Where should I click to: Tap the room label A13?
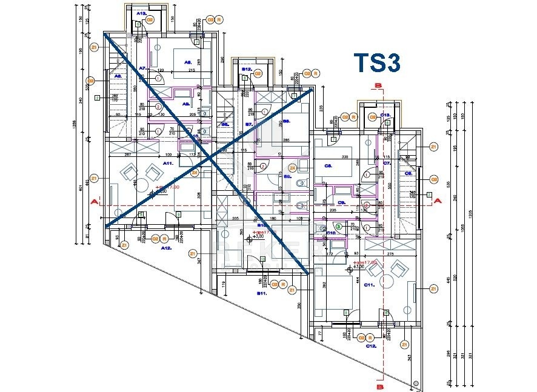point(141,13)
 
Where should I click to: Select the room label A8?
point(188,62)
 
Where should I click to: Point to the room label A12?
point(165,248)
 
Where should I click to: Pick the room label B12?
point(247,69)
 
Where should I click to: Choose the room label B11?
point(261,293)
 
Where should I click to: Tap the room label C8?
point(329,165)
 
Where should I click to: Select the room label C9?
point(341,202)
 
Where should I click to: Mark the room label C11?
point(369,284)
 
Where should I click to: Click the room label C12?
point(372,345)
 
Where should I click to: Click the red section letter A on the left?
point(94,201)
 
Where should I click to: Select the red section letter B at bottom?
point(379,385)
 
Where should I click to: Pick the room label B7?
point(248,124)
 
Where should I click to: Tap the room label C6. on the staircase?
point(409,174)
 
